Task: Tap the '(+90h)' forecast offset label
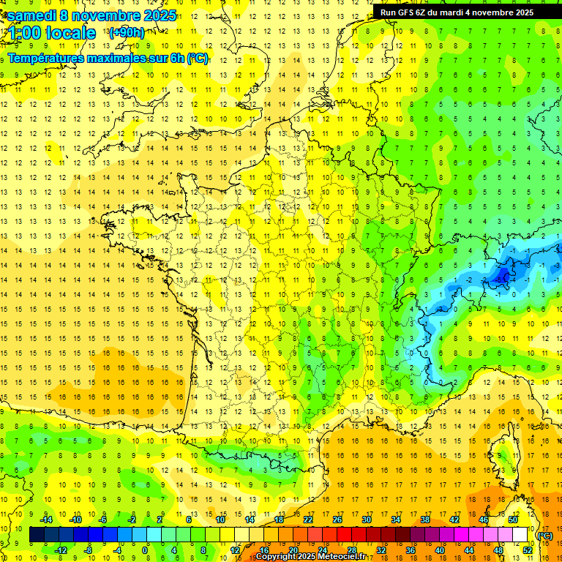(x=127, y=32)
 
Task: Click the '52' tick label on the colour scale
(x=528, y=550)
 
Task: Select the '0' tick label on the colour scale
(x=145, y=550)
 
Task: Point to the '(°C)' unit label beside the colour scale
(x=544, y=536)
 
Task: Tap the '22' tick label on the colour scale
(x=308, y=519)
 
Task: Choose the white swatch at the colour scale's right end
(x=520, y=535)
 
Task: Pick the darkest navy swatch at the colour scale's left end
(x=37, y=535)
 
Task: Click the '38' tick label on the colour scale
(x=425, y=519)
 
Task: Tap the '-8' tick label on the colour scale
(x=88, y=550)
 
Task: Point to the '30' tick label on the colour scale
(x=367, y=519)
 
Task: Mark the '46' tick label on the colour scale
(x=484, y=519)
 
